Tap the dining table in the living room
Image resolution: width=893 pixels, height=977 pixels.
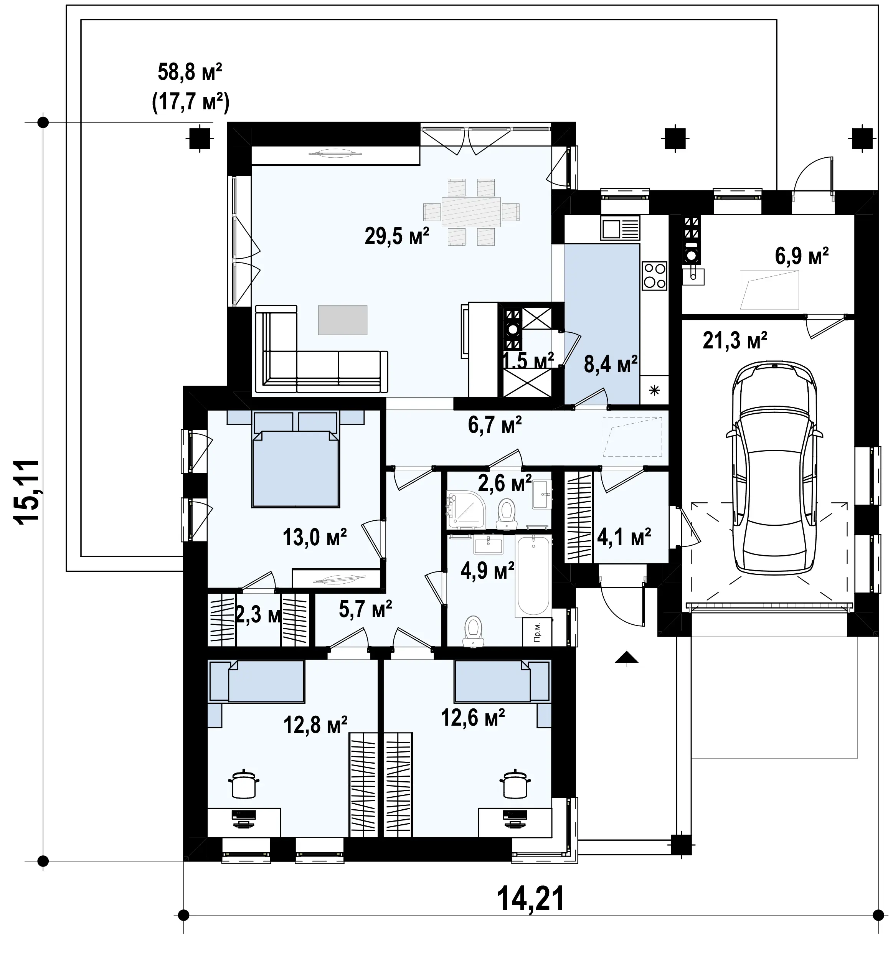[x=470, y=212]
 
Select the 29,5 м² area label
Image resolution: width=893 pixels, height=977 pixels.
[x=397, y=236]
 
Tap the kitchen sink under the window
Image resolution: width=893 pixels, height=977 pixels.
[x=620, y=228]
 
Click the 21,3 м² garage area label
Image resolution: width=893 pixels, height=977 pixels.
[x=735, y=341]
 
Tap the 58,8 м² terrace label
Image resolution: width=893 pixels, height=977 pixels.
[x=190, y=72]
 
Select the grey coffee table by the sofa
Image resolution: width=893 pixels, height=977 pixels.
[x=343, y=320]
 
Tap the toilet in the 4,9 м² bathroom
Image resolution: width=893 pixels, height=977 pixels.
[x=473, y=630]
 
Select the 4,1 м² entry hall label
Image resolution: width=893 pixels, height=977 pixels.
[x=624, y=537]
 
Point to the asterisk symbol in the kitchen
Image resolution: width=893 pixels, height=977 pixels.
[x=655, y=390]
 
